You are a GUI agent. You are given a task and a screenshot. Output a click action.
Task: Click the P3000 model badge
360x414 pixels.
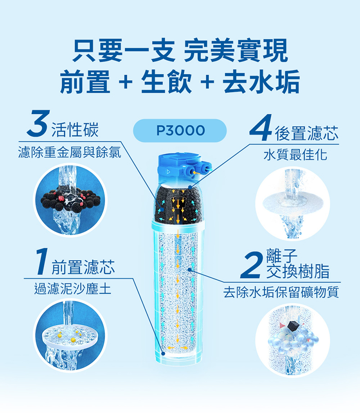tap(180, 131)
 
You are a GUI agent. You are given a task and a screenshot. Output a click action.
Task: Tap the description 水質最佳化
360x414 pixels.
tap(296, 155)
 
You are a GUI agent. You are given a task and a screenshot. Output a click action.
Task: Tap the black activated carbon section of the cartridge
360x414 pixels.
tap(180, 205)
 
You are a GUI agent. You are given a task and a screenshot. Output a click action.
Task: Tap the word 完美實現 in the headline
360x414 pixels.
tap(235, 50)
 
